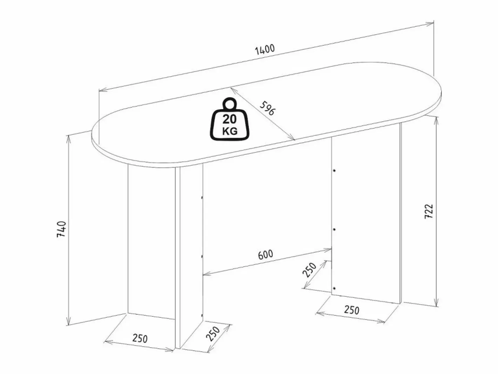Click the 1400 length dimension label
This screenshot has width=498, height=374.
point(265,50)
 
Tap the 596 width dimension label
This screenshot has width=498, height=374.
point(268,108)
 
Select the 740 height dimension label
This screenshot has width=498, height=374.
point(61,229)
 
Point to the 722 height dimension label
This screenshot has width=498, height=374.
point(429,212)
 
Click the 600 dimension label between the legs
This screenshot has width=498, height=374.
point(265,254)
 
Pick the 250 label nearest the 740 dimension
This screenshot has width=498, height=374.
point(140,339)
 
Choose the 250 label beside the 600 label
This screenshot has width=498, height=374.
point(309,270)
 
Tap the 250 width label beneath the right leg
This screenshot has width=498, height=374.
point(352,310)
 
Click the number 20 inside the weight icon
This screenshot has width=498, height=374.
point(229,119)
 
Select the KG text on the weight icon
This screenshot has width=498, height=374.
point(230,131)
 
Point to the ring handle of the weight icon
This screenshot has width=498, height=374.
point(230,104)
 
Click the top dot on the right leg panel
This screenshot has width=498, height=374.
point(334,171)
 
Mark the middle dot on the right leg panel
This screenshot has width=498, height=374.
point(334,230)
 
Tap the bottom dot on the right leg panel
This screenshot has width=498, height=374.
point(334,288)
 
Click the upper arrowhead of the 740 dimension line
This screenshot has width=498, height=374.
point(68,139)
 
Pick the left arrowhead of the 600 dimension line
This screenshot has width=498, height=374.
point(207,274)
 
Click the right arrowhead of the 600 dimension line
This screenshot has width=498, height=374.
point(328,250)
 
